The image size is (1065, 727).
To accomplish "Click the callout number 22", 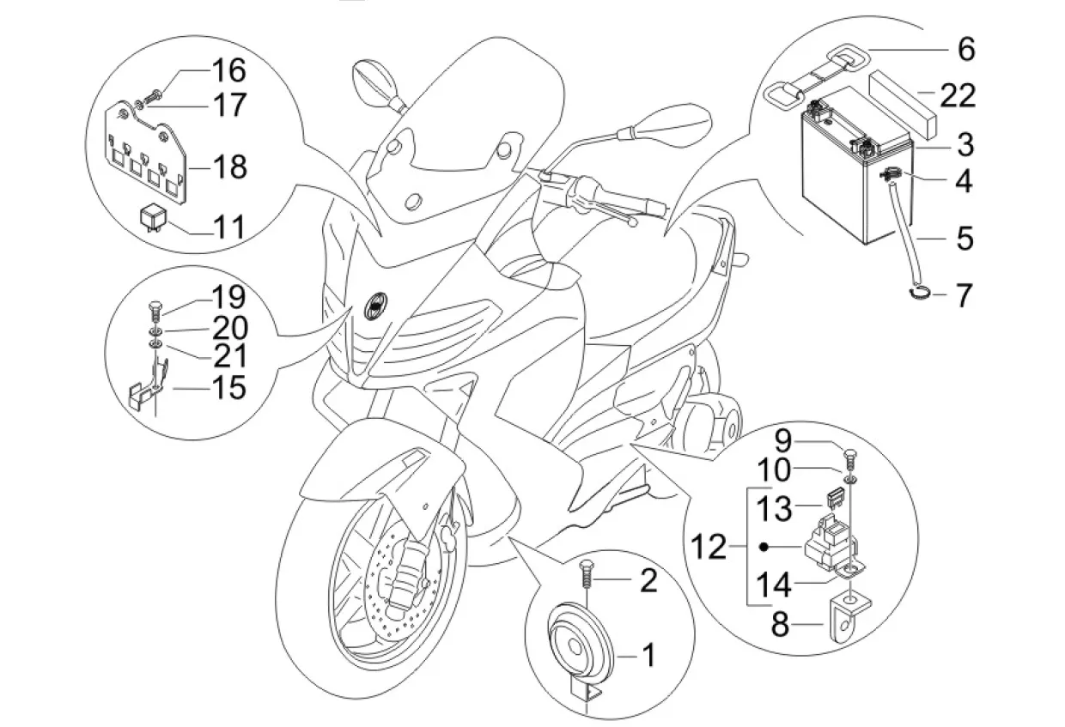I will [x=958, y=94].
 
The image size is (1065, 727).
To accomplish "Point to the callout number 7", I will [x=964, y=296].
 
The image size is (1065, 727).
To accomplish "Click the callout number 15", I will [x=227, y=387].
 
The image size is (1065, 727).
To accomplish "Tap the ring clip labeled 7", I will [x=918, y=294].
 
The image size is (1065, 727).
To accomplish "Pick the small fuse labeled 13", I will [x=831, y=498].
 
